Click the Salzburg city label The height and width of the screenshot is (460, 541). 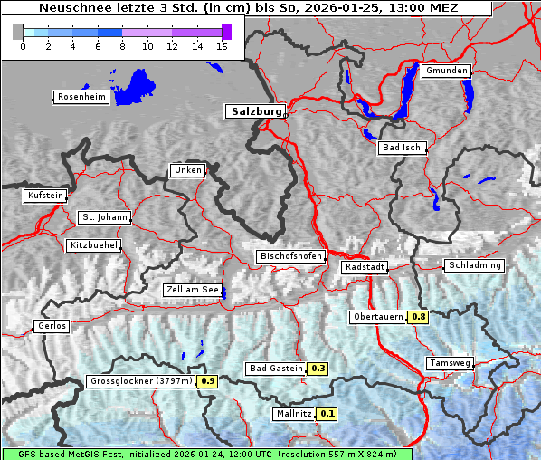[255, 111]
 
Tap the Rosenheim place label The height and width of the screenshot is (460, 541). [81, 97]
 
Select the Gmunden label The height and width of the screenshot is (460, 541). [446, 71]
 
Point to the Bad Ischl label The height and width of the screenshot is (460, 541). [402, 148]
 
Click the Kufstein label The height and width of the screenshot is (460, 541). [45, 196]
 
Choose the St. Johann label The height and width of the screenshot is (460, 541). [104, 217]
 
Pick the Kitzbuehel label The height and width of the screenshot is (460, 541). [93, 245]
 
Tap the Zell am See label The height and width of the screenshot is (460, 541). [193, 290]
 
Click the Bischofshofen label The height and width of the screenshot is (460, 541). [290, 257]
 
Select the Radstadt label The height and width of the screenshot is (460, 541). [365, 267]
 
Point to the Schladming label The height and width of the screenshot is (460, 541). [474, 265]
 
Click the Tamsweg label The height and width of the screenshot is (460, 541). [449, 363]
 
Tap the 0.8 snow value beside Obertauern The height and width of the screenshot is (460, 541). [418, 317]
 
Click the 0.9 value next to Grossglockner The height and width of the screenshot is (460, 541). [207, 381]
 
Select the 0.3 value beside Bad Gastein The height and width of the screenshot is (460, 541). [318, 369]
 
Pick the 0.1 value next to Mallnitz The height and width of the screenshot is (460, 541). [327, 414]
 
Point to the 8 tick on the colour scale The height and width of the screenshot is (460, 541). [122, 45]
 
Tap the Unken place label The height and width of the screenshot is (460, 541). [187, 170]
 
